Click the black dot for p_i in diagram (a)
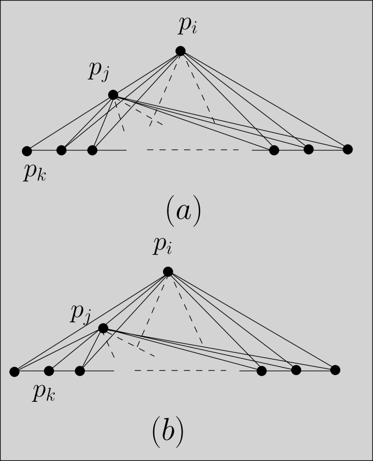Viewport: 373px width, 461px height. [x=180, y=50]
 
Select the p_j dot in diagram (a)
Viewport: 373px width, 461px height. [x=113, y=94]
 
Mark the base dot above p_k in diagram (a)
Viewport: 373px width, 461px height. [x=27, y=150]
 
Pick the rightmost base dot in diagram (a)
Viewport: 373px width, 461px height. [x=347, y=149]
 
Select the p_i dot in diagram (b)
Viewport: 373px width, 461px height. [x=168, y=271]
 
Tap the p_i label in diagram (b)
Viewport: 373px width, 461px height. [x=163, y=247]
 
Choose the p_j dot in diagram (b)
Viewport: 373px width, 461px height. [x=103, y=328]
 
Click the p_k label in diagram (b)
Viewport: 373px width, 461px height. [x=44, y=393]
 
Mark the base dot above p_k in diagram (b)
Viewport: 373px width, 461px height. [x=49, y=371]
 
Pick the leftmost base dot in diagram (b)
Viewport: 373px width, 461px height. [x=15, y=372]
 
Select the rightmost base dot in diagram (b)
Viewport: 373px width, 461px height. [x=335, y=370]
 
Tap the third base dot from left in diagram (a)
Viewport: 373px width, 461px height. [x=92, y=150]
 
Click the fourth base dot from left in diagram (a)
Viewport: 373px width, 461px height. [x=274, y=150]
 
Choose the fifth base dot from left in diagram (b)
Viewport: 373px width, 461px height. [x=296, y=370]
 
